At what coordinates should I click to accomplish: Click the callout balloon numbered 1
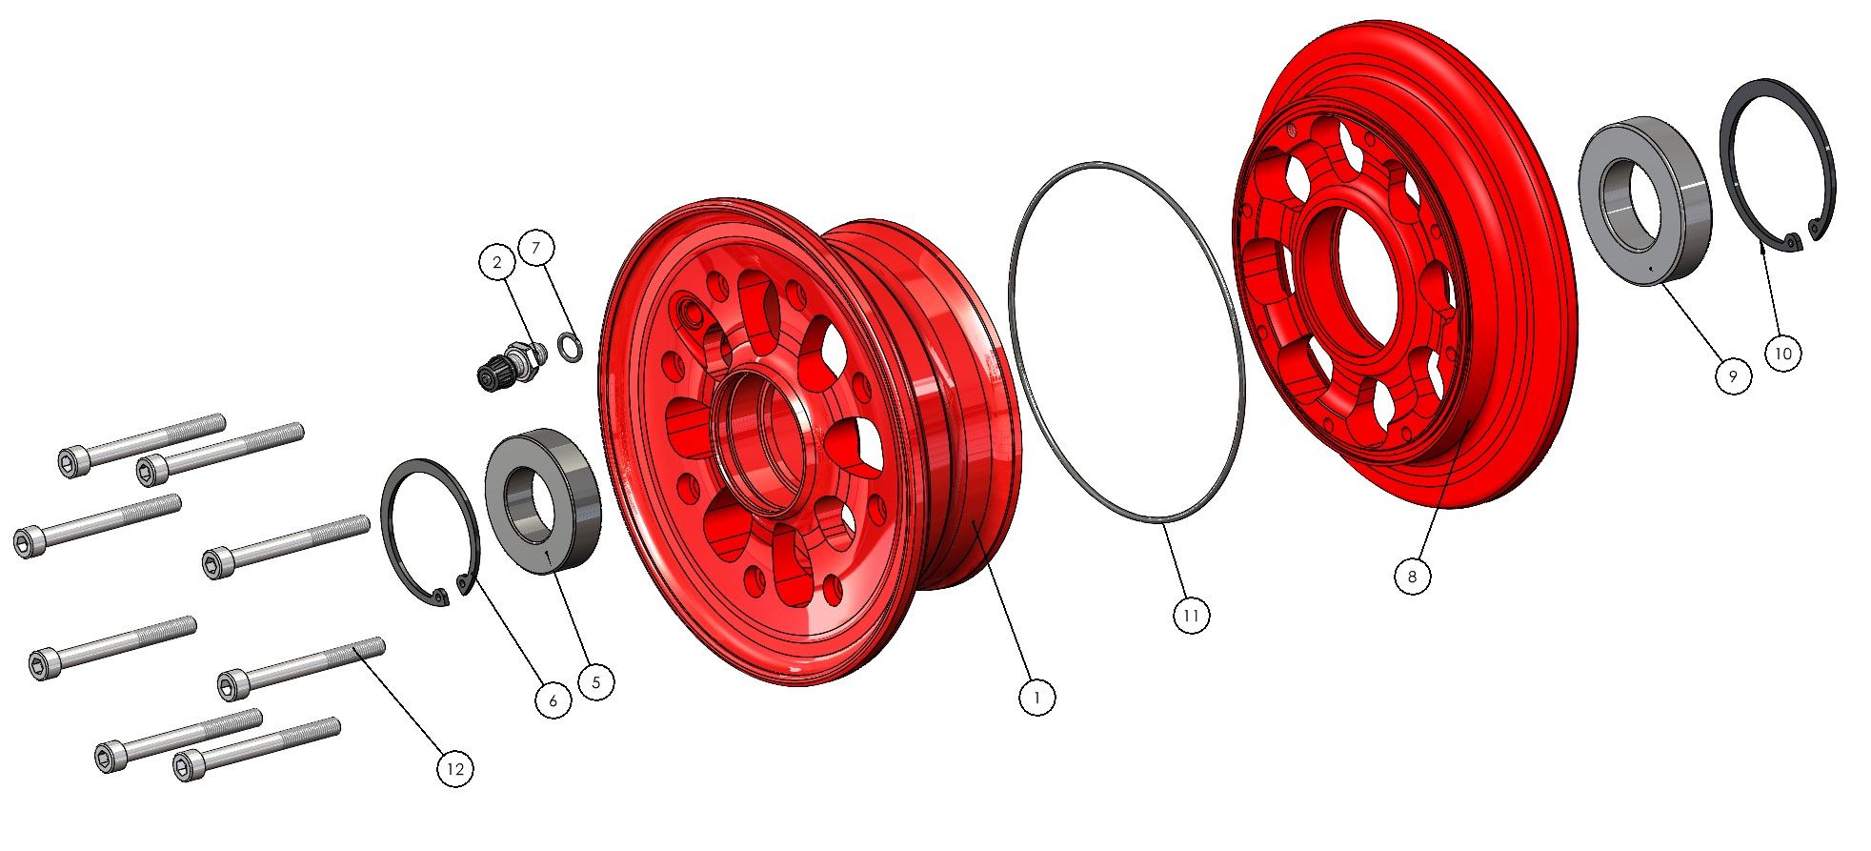pos(1037,698)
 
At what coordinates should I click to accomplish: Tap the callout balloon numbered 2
pos(496,263)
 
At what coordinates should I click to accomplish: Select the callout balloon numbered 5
pos(596,682)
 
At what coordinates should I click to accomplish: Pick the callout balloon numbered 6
pos(553,701)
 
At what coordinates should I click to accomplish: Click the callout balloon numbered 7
pos(536,248)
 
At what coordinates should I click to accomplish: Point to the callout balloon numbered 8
pos(1412,576)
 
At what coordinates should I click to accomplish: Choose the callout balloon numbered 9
pos(1733,376)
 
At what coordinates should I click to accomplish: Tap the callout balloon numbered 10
pos(1783,354)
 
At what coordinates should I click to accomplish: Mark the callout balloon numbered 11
pos(1191,616)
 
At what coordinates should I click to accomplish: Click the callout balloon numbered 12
pos(455,769)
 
